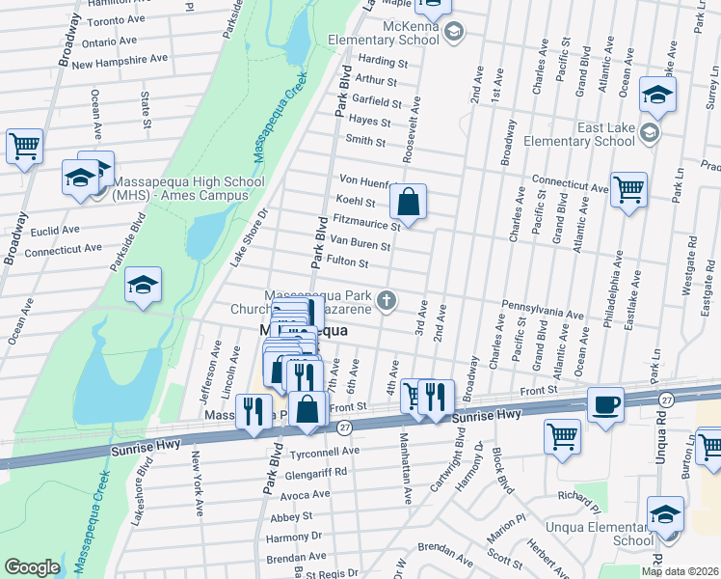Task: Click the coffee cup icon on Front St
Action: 605,404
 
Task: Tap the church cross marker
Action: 387,300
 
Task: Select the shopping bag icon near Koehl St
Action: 408,203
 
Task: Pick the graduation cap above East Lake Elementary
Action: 657,95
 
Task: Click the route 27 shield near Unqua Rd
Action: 666,399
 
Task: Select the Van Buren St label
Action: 360,242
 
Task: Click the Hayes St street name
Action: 369,123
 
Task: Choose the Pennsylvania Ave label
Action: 542,315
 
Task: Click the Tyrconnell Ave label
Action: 324,451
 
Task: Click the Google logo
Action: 32,567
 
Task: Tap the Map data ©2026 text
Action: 680,571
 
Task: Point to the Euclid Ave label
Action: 53,231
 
